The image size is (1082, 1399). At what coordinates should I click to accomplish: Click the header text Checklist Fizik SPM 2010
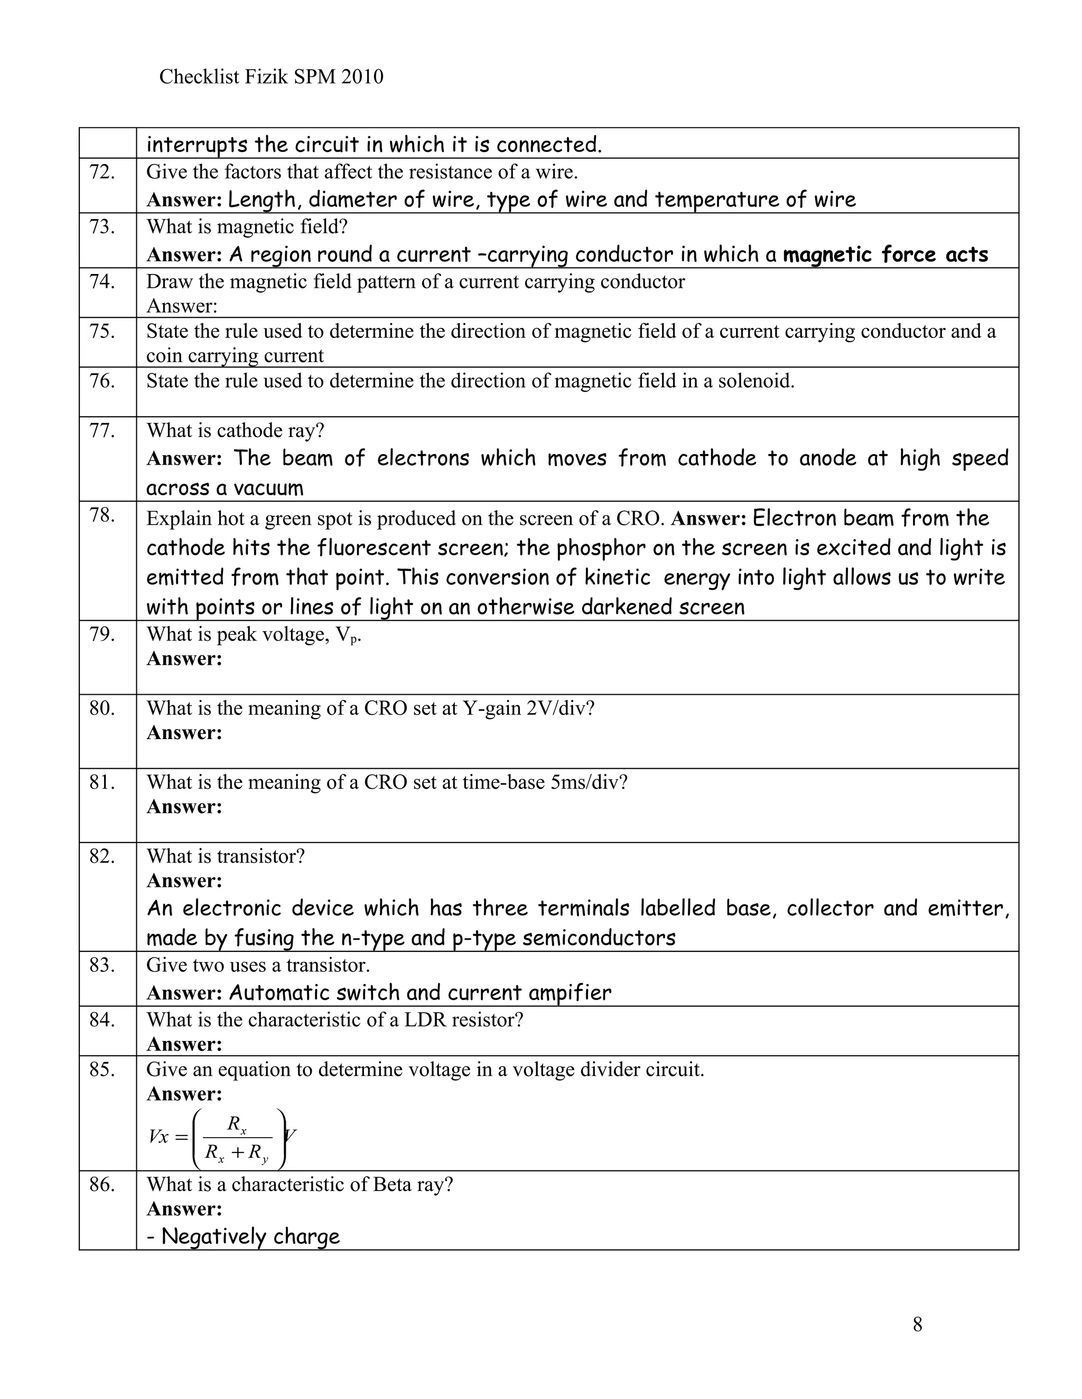tap(270, 77)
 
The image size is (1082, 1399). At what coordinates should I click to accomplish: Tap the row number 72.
tap(102, 172)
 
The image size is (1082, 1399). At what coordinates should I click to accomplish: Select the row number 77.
tap(102, 430)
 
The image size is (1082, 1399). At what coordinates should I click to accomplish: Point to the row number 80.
tap(102, 708)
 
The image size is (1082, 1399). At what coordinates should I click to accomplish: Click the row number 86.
tap(102, 1185)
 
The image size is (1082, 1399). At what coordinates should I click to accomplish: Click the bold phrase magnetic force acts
tap(885, 255)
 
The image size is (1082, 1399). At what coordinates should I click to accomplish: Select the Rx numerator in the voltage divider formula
tap(237, 1124)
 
